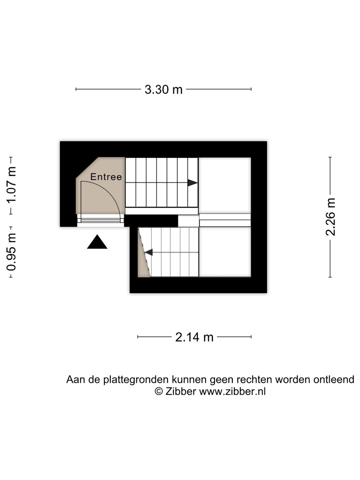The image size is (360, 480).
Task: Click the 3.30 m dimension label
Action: (x=163, y=90)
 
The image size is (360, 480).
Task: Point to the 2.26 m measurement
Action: (x=330, y=217)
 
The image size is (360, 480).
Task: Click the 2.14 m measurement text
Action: (x=194, y=337)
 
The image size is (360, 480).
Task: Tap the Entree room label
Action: (x=106, y=177)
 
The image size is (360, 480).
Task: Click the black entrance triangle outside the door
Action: (x=97, y=242)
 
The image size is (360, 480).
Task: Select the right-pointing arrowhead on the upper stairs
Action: (x=193, y=183)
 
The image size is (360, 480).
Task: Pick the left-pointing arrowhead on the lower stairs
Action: (x=149, y=252)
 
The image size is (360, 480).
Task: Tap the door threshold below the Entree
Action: (x=101, y=220)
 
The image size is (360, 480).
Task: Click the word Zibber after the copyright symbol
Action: (x=181, y=391)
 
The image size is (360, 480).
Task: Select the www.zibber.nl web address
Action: (x=232, y=391)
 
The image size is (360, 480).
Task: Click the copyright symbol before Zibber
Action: (x=159, y=391)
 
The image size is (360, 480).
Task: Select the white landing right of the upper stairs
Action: (x=225, y=185)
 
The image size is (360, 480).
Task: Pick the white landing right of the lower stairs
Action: (x=225, y=252)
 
